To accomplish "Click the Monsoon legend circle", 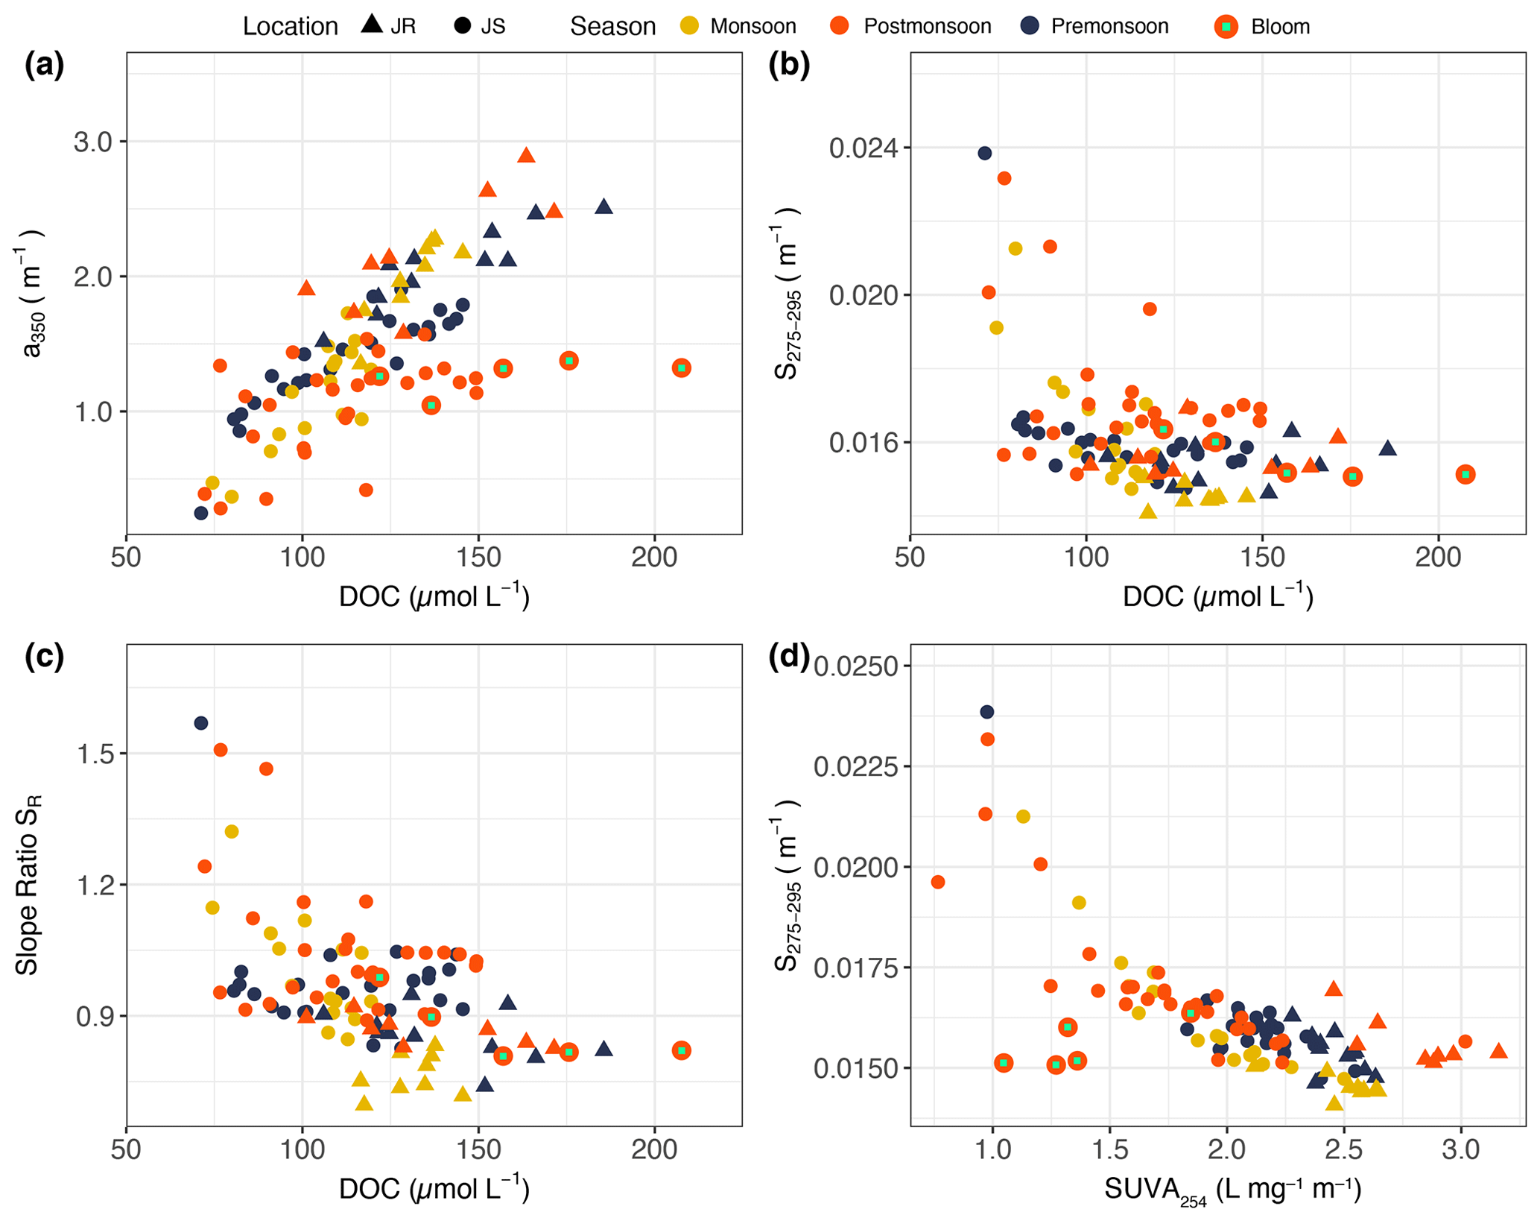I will (x=691, y=27).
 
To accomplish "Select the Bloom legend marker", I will (x=1226, y=27).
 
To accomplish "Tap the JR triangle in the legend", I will (x=371, y=24).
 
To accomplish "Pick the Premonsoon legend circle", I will (x=1030, y=27).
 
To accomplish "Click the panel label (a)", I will (x=45, y=66).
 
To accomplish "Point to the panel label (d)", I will (x=789, y=657).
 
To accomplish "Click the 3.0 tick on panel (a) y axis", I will (x=92, y=142).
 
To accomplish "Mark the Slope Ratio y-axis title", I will (x=28, y=885).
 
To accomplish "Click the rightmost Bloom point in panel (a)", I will (x=681, y=368).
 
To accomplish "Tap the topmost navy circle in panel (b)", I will (x=984, y=154).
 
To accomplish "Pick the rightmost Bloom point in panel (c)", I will (x=681, y=1050).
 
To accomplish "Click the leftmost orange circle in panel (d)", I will (x=938, y=883).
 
